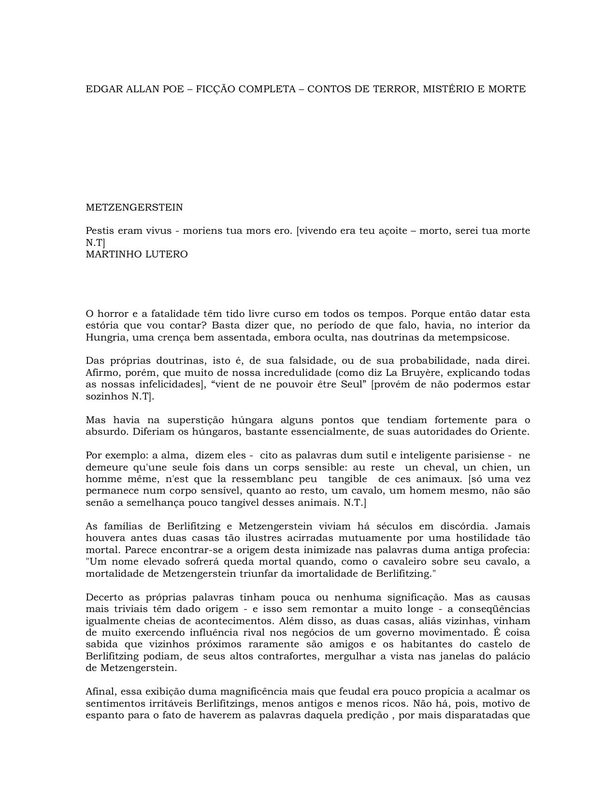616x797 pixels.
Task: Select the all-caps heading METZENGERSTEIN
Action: pyautogui.click(x=134, y=207)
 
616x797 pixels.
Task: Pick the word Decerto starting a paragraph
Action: pyautogui.click(x=104, y=597)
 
